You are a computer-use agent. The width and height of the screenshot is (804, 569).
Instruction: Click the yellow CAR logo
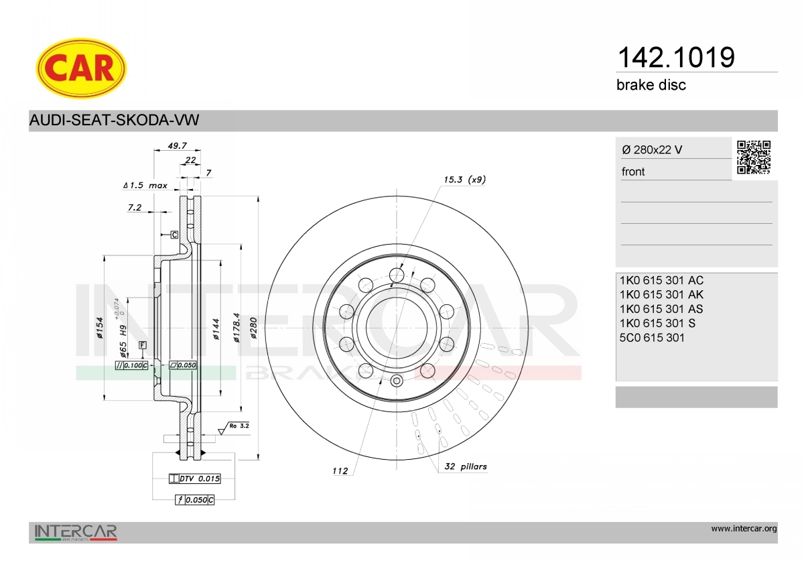tap(81, 68)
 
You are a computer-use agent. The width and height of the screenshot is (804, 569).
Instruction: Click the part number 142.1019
tap(676, 58)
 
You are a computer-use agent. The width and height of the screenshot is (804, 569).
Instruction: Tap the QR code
tap(754, 157)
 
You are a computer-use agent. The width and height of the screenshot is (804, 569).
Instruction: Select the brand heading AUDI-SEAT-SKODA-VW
tap(114, 120)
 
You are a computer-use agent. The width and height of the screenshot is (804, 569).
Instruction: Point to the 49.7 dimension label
tap(178, 145)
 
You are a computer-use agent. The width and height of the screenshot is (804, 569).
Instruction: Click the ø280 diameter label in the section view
tap(253, 328)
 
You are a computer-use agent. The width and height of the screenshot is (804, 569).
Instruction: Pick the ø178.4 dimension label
tap(236, 327)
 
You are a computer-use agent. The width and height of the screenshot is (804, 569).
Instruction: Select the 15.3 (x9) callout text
tap(465, 179)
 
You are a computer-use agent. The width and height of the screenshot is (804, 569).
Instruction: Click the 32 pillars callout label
tap(466, 466)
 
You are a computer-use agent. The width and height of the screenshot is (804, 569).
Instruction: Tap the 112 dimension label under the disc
tap(340, 470)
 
